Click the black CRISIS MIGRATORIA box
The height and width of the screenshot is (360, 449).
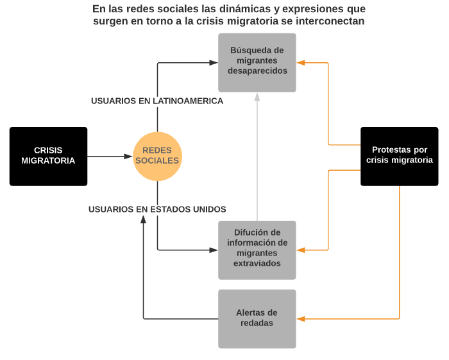[48, 156]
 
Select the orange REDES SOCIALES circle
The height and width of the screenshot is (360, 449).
[157, 156]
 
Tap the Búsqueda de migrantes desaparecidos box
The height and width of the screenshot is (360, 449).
[257, 61]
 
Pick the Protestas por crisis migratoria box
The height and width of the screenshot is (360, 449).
[399, 156]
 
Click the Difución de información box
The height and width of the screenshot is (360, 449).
[257, 250]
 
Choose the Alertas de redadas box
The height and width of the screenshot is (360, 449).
[257, 318]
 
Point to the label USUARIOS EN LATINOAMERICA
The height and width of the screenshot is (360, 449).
[157, 101]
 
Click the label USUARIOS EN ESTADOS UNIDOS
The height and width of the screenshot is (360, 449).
[157, 209]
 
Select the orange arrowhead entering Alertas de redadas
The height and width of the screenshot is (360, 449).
[300, 318]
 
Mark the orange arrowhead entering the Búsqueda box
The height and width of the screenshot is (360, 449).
[300, 62]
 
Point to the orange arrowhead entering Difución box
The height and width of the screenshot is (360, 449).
[300, 250]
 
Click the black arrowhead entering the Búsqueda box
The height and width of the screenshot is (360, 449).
[214, 62]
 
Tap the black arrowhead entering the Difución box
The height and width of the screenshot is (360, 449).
[214, 250]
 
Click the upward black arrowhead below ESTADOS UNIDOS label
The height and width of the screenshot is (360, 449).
[143, 219]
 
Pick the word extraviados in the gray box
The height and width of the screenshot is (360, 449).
[257, 263]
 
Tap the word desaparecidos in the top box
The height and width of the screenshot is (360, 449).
[257, 71]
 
